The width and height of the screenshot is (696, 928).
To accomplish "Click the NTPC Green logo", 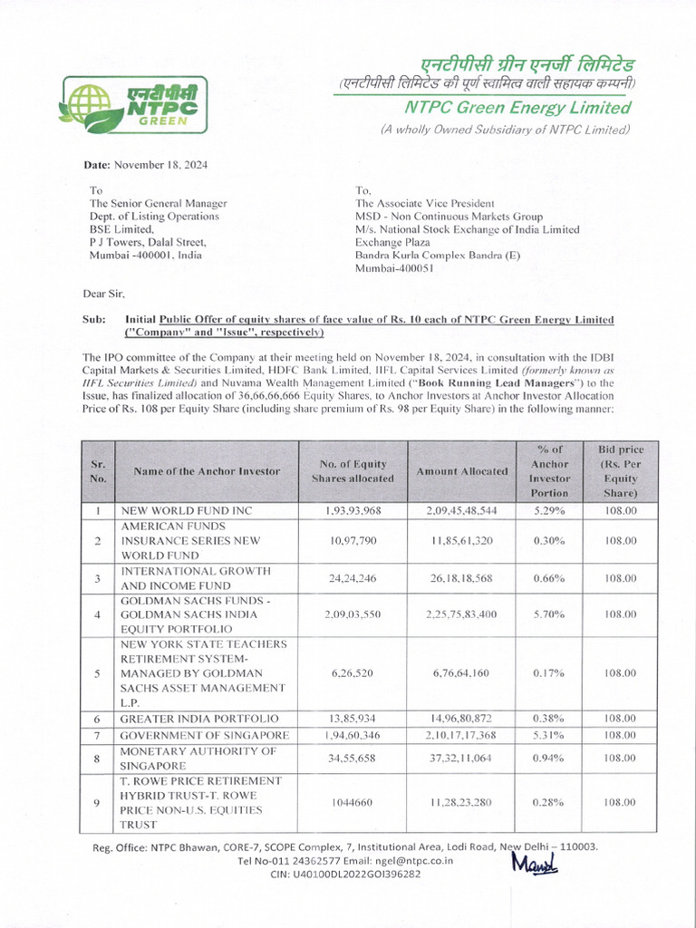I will point(133,101).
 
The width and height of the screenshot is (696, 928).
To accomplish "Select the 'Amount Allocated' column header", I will point(461,471).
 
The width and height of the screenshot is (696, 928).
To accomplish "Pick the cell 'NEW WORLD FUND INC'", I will point(187,511).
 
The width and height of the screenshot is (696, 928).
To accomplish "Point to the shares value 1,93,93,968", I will point(353,511).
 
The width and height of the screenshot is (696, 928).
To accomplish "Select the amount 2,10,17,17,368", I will point(461,734).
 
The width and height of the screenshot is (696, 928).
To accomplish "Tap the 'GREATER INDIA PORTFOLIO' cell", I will point(200,718).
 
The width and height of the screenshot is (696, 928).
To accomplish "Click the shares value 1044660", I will point(353,802).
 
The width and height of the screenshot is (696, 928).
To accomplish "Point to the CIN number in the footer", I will point(345,875).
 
